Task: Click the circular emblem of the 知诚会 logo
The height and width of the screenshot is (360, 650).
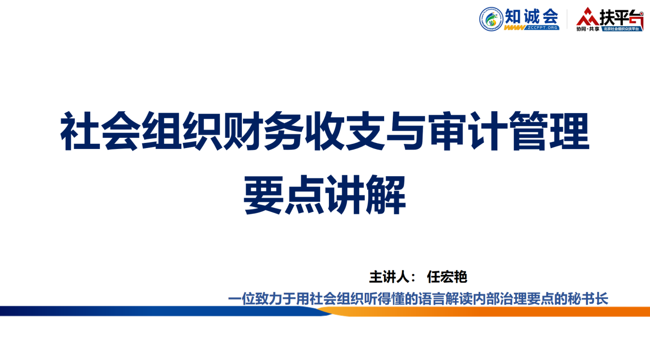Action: click(491, 19)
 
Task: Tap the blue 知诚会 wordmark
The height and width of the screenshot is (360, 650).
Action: click(531, 16)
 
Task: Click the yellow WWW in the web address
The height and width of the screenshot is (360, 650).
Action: click(514, 28)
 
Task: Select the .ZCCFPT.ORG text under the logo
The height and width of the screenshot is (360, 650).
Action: click(542, 28)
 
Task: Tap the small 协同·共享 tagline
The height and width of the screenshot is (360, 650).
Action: click(588, 29)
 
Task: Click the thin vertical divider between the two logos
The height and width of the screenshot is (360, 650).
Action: click(567, 19)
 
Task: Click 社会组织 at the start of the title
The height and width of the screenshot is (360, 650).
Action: click(141, 131)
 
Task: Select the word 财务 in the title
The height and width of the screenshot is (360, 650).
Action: click(263, 131)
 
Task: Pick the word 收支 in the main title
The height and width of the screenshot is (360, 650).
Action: click(345, 131)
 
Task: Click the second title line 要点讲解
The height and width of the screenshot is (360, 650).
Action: click(325, 195)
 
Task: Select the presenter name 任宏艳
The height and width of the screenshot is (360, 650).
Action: click(447, 277)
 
